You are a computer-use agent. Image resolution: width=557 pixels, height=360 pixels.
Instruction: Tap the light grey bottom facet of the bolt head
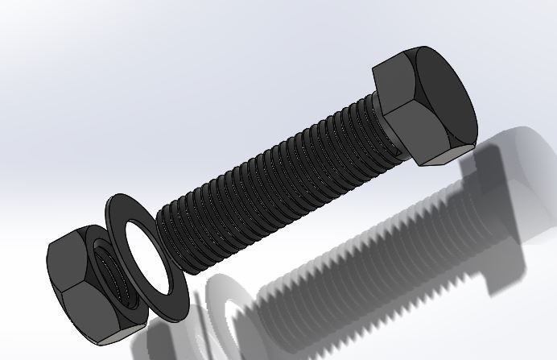point(439,159)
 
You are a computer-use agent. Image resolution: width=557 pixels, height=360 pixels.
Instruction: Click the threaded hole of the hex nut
point(113,282)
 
